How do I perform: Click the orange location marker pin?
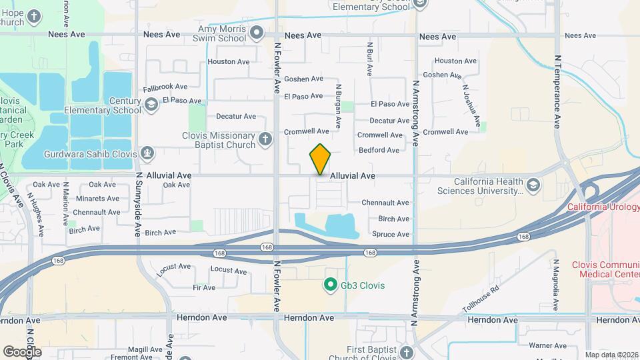click(321, 159)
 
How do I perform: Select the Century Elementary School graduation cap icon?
click(152, 104)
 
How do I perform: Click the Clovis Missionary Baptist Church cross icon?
click(266, 139)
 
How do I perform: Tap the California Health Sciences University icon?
click(533, 184)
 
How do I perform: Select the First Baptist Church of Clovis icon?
click(407, 351)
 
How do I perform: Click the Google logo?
click(21, 351)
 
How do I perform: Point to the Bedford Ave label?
click(379, 150)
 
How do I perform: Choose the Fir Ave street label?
click(204, 287)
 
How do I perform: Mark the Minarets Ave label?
click(97, 199)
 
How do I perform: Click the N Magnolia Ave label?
click(554, 284)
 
